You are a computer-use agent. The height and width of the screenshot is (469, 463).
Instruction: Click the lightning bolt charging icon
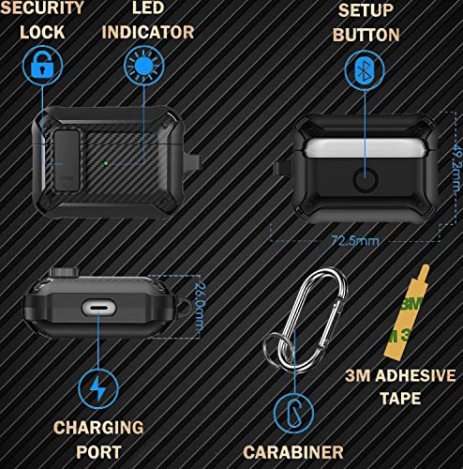(97, 389)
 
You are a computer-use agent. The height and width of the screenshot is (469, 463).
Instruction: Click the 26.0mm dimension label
(200, 302)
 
